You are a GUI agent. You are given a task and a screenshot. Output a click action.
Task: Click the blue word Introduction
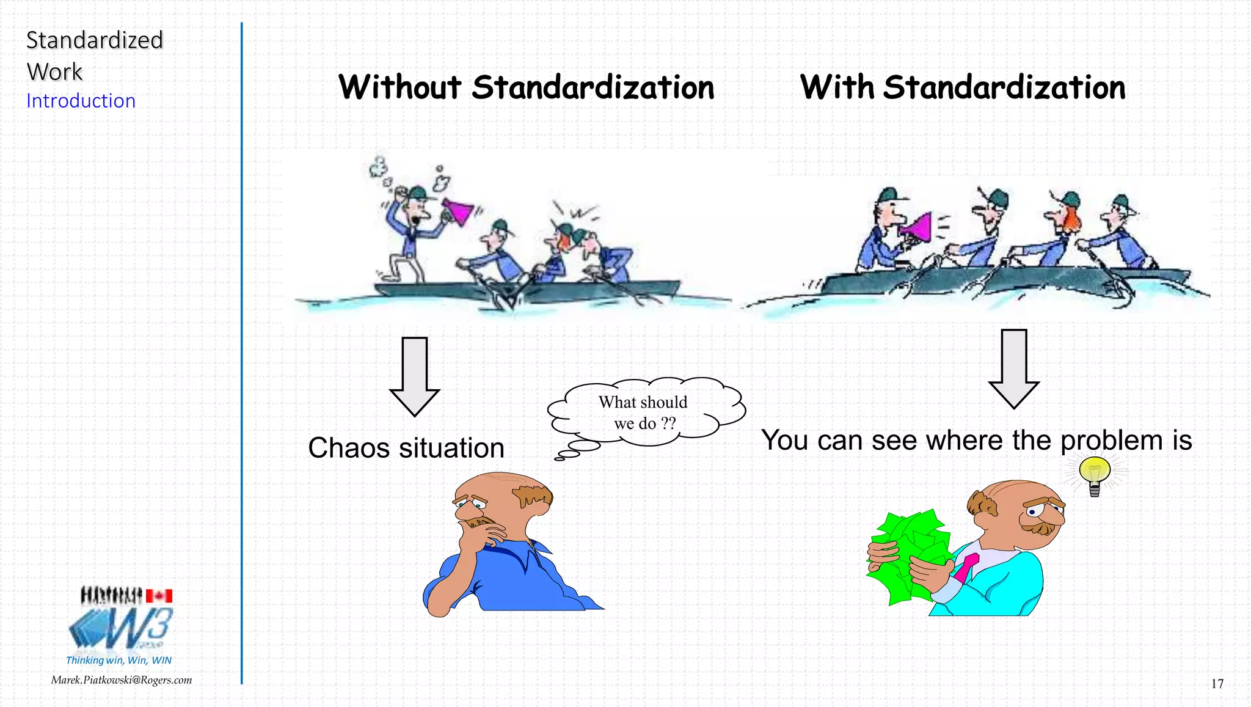coord(81,101)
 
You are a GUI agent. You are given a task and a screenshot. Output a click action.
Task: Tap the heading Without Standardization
coord(526,87)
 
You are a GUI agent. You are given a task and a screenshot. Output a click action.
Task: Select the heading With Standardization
coord(963,87)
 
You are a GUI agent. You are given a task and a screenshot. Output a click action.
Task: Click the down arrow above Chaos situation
coord(415,376)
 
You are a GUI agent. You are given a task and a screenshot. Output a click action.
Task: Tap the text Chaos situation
coord(406,448)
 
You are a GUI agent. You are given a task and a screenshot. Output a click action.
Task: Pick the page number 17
coord(1217,684)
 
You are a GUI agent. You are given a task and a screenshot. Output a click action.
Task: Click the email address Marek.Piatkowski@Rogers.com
coord(122,680)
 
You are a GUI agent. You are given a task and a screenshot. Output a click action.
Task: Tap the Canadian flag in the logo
coord(159,596)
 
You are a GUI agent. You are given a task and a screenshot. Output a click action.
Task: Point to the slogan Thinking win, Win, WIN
coord(119,661)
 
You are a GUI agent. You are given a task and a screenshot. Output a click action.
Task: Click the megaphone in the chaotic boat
coord(457,211)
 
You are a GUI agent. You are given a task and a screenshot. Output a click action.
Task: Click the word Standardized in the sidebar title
coord(95,40)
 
